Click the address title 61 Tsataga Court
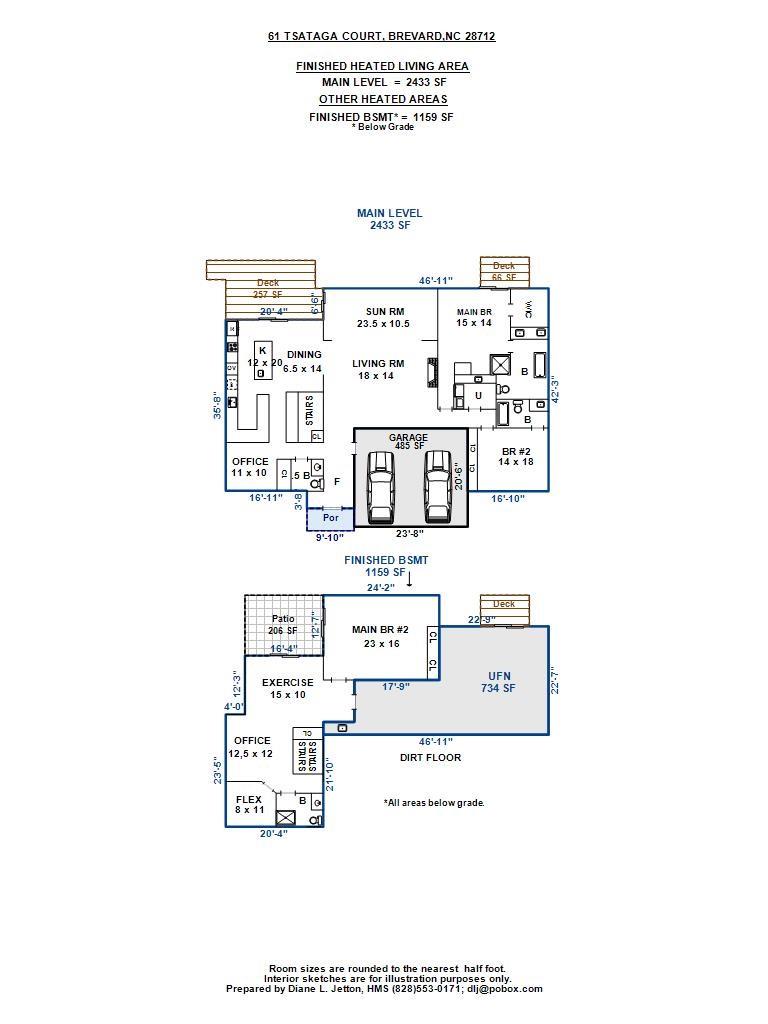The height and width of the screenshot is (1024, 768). click(381, 36)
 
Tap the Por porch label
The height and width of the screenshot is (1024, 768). click(331, 518)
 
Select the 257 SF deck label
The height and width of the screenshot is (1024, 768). click(268, 289)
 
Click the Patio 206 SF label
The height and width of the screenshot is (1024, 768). click(283, 625)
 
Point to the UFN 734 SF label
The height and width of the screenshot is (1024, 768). click(497, 682)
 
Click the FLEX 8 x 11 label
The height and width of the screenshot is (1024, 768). click(249, 805)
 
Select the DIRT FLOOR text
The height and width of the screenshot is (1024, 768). click(430, 757)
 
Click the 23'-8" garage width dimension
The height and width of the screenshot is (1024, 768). click(408, 533)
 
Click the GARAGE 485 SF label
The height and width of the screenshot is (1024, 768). click(408, 441)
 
